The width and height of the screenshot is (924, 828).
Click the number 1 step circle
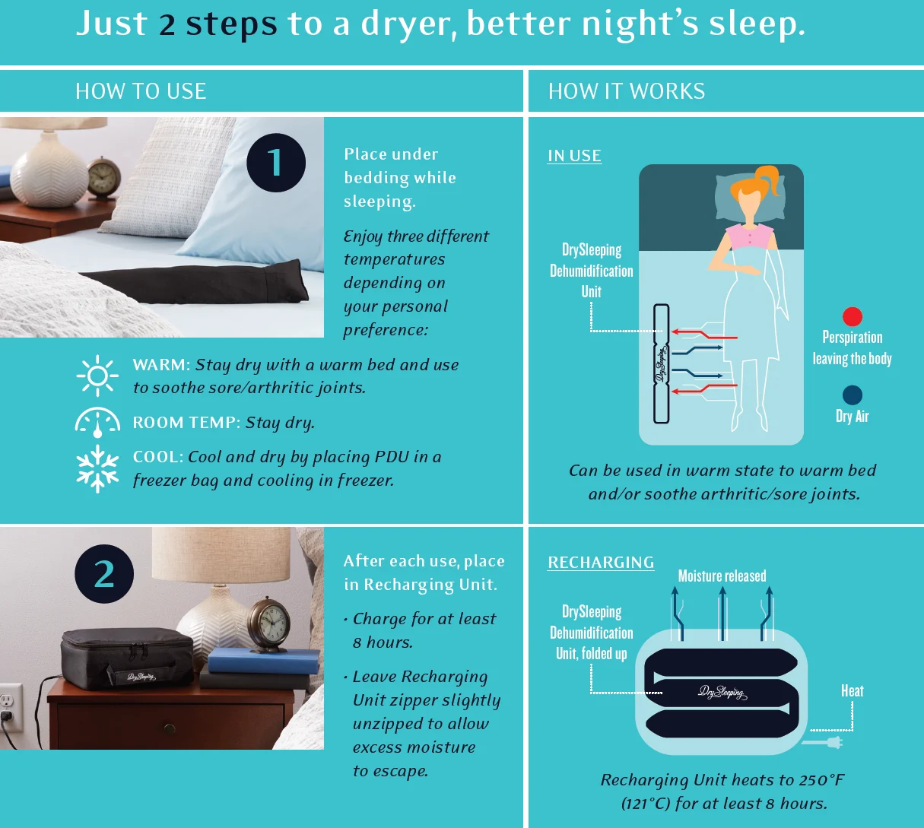tap(276, 163)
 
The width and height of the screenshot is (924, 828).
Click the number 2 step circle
tap(104, 573)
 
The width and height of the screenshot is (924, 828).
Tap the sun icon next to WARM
tap(97, 376)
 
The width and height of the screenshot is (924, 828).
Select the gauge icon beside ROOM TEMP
tap(97, 422)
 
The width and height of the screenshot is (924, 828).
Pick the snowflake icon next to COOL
tap(97, 469)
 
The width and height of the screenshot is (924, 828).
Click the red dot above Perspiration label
tap(853, 316)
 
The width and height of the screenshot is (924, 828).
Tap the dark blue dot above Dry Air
tap(853, 395)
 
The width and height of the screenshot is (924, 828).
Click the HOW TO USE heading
tap(141, 91)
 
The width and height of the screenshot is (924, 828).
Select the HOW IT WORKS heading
tap(627, 91)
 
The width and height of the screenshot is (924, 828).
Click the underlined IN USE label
tap(575, 156)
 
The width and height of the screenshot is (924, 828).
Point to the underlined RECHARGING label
tap(601, 563)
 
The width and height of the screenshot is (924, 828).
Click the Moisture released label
tap(722, 576)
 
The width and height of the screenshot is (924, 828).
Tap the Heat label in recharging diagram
tap(853, 690)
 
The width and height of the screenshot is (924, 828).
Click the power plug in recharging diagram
tap(822, 743)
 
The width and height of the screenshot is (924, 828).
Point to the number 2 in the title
tap(167, 24)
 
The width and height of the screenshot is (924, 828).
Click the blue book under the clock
tap(264, 661)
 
